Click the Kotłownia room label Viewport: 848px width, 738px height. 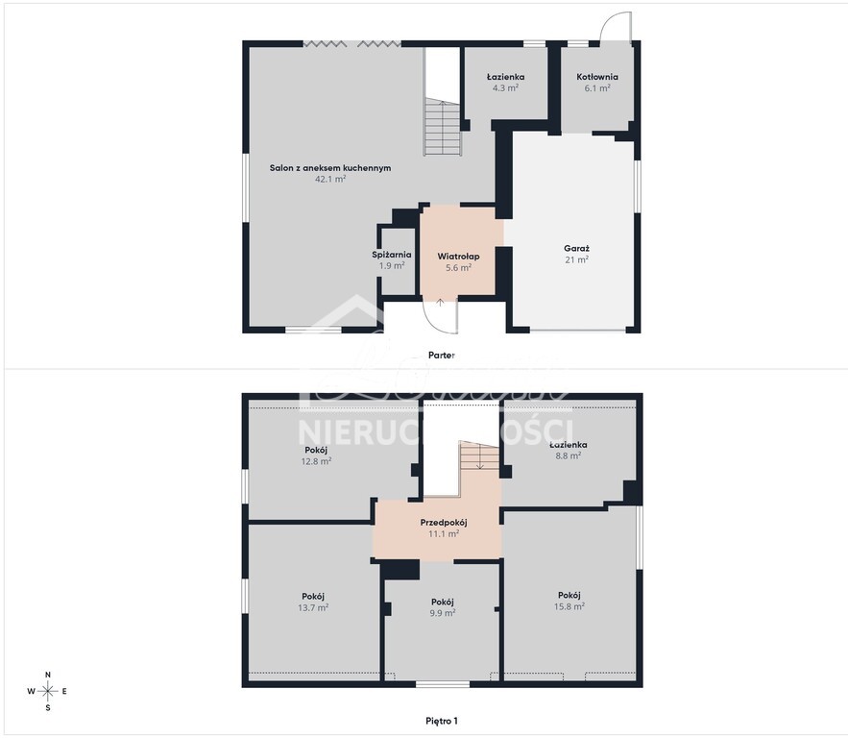pos(596,77)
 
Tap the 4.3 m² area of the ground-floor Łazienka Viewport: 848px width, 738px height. pos(505,87)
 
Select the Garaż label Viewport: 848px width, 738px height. pos(576,248)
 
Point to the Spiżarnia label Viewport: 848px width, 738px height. pos(392,255)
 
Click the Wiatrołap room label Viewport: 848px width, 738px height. pos(458,257)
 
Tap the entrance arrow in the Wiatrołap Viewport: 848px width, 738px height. pos(440,301)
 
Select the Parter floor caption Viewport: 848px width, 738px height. pos(441,355)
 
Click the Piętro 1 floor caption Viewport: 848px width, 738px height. pos(442,720)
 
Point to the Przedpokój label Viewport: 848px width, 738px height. pos(443,522)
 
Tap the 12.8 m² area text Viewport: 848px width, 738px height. pos(316,461)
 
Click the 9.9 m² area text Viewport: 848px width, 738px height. pos(442,612)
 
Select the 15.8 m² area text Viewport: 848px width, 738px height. pos(569,606)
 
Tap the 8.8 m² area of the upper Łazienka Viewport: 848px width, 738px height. pos(569,456)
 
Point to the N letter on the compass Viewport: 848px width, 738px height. pos(48,675)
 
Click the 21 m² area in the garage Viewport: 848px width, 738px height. pos(576,259)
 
